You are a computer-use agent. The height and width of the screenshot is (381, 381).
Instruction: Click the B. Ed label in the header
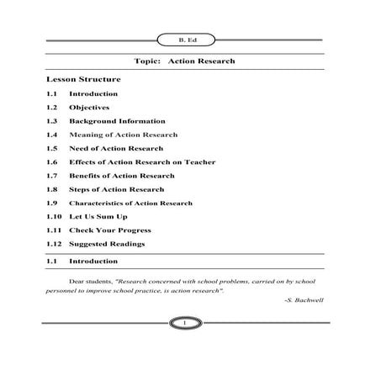click(183, 39)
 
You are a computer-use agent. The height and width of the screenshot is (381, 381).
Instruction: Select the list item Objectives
click(89, 107)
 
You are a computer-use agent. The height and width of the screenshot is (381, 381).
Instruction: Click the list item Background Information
click(110, 121)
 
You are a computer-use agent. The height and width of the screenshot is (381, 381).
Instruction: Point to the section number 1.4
click(51, 135)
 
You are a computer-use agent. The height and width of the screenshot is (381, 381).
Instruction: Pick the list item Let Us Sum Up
click(98, 216)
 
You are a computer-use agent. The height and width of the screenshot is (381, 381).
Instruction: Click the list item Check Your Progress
click(109, 230)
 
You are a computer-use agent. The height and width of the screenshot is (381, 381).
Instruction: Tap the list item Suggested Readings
click(107, 244)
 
